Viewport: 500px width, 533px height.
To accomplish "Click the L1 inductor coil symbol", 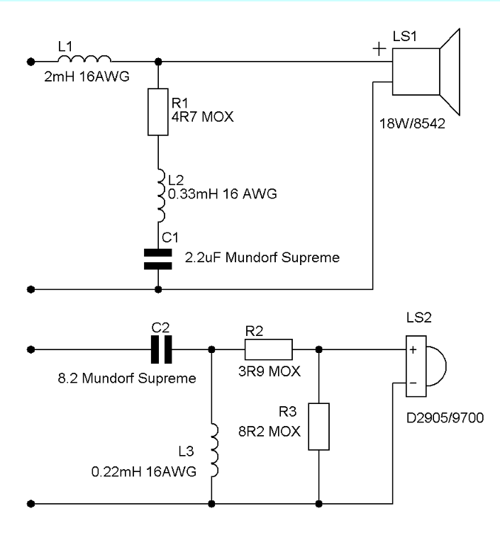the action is [84, 58].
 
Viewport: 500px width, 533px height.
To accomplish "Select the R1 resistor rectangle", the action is [158, 112].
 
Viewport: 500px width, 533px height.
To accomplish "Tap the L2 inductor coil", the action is [161, 196].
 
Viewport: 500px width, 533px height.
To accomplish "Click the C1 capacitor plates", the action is [158, 259].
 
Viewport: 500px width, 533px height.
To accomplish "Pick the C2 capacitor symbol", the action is [161, 349].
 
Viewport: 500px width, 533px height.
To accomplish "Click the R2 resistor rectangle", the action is [268, 349].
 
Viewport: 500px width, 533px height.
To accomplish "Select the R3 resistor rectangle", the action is [318, 427].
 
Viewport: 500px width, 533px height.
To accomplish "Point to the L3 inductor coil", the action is [214, 450].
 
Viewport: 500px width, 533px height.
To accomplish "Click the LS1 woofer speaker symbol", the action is [426, 72].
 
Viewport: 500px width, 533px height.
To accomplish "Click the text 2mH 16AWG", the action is [87, 77].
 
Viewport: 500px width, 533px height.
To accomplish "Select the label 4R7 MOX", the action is [202, 116].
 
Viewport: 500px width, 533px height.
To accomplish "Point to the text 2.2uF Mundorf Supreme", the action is [262, 257].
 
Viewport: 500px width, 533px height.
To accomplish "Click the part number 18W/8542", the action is [412, 123].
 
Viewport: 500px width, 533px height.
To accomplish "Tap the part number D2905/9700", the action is [445, 417].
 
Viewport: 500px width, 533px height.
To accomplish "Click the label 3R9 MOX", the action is [270, 371].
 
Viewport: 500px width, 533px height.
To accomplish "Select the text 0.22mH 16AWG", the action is [144, 471].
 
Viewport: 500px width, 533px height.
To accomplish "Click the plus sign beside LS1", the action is [379, 49].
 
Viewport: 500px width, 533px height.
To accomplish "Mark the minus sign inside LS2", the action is [413, 383].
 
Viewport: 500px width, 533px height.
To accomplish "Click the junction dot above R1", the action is [158, 62].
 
